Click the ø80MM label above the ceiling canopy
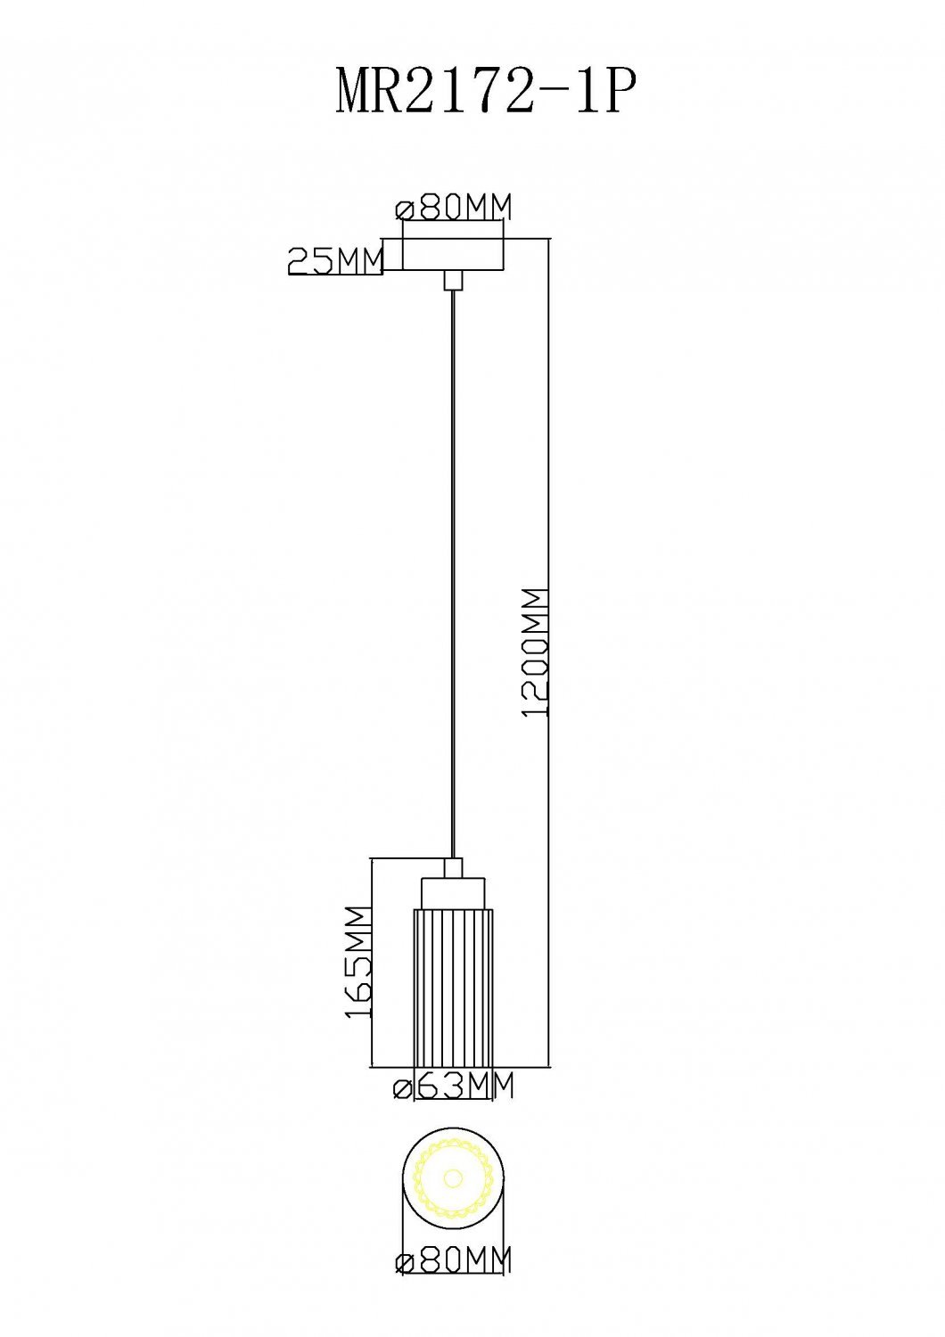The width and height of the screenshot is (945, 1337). pyautogui.click(x=454, y=208)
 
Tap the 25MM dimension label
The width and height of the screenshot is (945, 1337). pyautogui.click(x=334, y=260)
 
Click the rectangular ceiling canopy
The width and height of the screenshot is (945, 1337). pyautogui.click(x=454, y=255)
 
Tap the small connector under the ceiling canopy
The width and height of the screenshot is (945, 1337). pyautogui.click(x=454, y=281)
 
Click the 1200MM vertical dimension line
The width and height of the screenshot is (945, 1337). pyautogui.click(x=548, y=653)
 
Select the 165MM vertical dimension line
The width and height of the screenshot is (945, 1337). pyautogui.click(x=372, y=963)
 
